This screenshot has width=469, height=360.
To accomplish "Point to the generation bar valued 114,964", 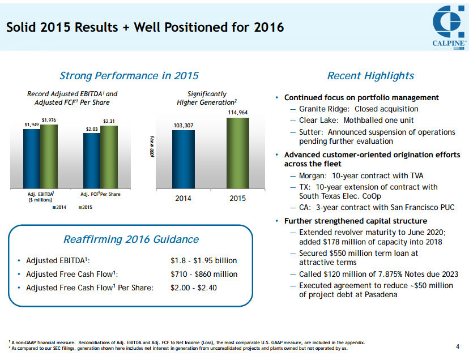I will click(237, 154).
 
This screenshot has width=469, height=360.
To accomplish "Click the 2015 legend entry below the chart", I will click(85, 208).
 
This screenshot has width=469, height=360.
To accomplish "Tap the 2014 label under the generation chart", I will click(183, 198).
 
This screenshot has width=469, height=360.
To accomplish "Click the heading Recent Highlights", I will click(370, 76).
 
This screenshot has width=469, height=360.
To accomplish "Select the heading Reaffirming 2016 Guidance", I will click(131, 239).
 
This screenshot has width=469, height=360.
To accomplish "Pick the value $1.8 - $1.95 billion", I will click(203, 261).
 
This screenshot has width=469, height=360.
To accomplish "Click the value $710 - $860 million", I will click(204, 274).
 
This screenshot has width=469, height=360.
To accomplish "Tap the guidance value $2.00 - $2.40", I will click(194, 288).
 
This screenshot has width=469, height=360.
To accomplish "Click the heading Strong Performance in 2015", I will click(129, 76).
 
